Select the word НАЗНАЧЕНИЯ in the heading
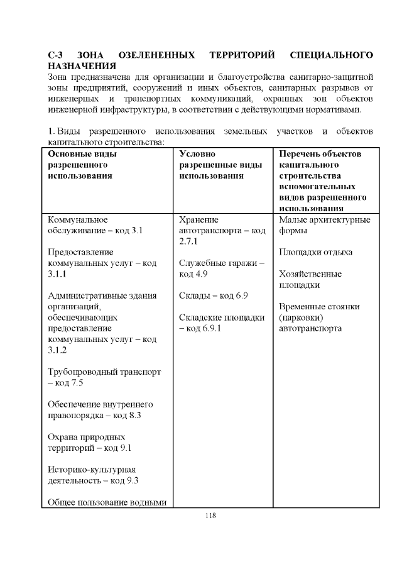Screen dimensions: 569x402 82,66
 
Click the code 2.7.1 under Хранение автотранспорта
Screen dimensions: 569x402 188,241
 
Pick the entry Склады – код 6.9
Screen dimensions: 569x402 213,296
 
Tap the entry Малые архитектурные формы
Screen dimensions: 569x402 324,225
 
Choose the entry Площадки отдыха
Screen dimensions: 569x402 315,252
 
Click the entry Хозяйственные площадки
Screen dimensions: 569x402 310,279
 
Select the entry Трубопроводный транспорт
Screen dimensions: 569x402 104,372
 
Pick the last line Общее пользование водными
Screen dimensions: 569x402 110,502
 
